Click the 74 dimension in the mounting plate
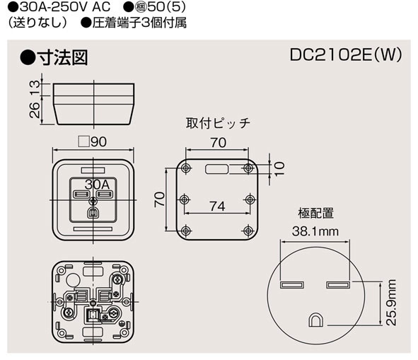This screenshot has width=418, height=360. [217, 206]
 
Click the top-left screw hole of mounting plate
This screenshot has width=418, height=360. [185, 168]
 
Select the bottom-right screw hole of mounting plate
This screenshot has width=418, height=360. [248, 231]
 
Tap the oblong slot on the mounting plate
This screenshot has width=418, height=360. [216, 169]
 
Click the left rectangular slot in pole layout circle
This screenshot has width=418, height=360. [291, 285]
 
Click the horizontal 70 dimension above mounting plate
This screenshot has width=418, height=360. [217, 142]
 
